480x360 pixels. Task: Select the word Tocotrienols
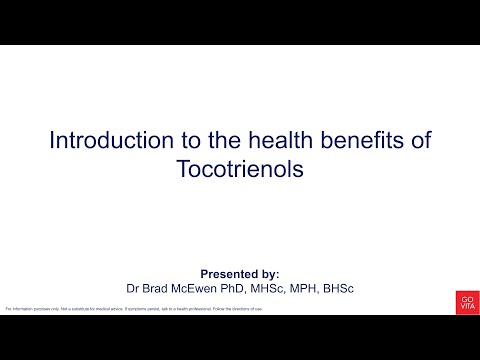click(239, 169)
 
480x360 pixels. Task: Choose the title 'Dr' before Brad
click(133, 288)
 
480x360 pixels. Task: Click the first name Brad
click(158, 288)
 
